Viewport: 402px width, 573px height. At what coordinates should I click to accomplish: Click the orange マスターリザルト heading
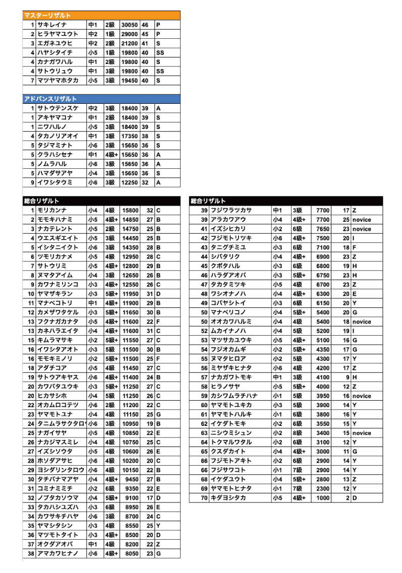pos(47,16)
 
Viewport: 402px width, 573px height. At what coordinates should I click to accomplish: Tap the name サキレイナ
pos(51,25)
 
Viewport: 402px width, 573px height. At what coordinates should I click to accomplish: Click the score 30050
pos(130,25)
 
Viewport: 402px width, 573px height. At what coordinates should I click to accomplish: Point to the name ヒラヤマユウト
pos(58,34)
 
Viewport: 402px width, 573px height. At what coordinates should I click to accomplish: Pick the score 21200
pos(130,43)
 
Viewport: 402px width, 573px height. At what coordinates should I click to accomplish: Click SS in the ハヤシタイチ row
pos(160,52)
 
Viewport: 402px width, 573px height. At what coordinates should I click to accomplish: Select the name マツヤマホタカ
pos(58,81)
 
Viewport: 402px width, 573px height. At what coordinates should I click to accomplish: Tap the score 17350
pos(130,136)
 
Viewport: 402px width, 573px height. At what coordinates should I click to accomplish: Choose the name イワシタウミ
pos(54,182)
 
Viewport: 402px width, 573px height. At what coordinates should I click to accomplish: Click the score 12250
pos(130,182)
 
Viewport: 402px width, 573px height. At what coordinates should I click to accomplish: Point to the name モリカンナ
pos(51,210)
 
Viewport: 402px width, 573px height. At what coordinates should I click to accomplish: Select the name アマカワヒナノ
pos(58,554)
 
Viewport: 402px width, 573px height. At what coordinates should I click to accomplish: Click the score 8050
pos(132,554)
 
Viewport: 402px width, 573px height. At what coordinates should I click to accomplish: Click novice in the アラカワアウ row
pos(362,220)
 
